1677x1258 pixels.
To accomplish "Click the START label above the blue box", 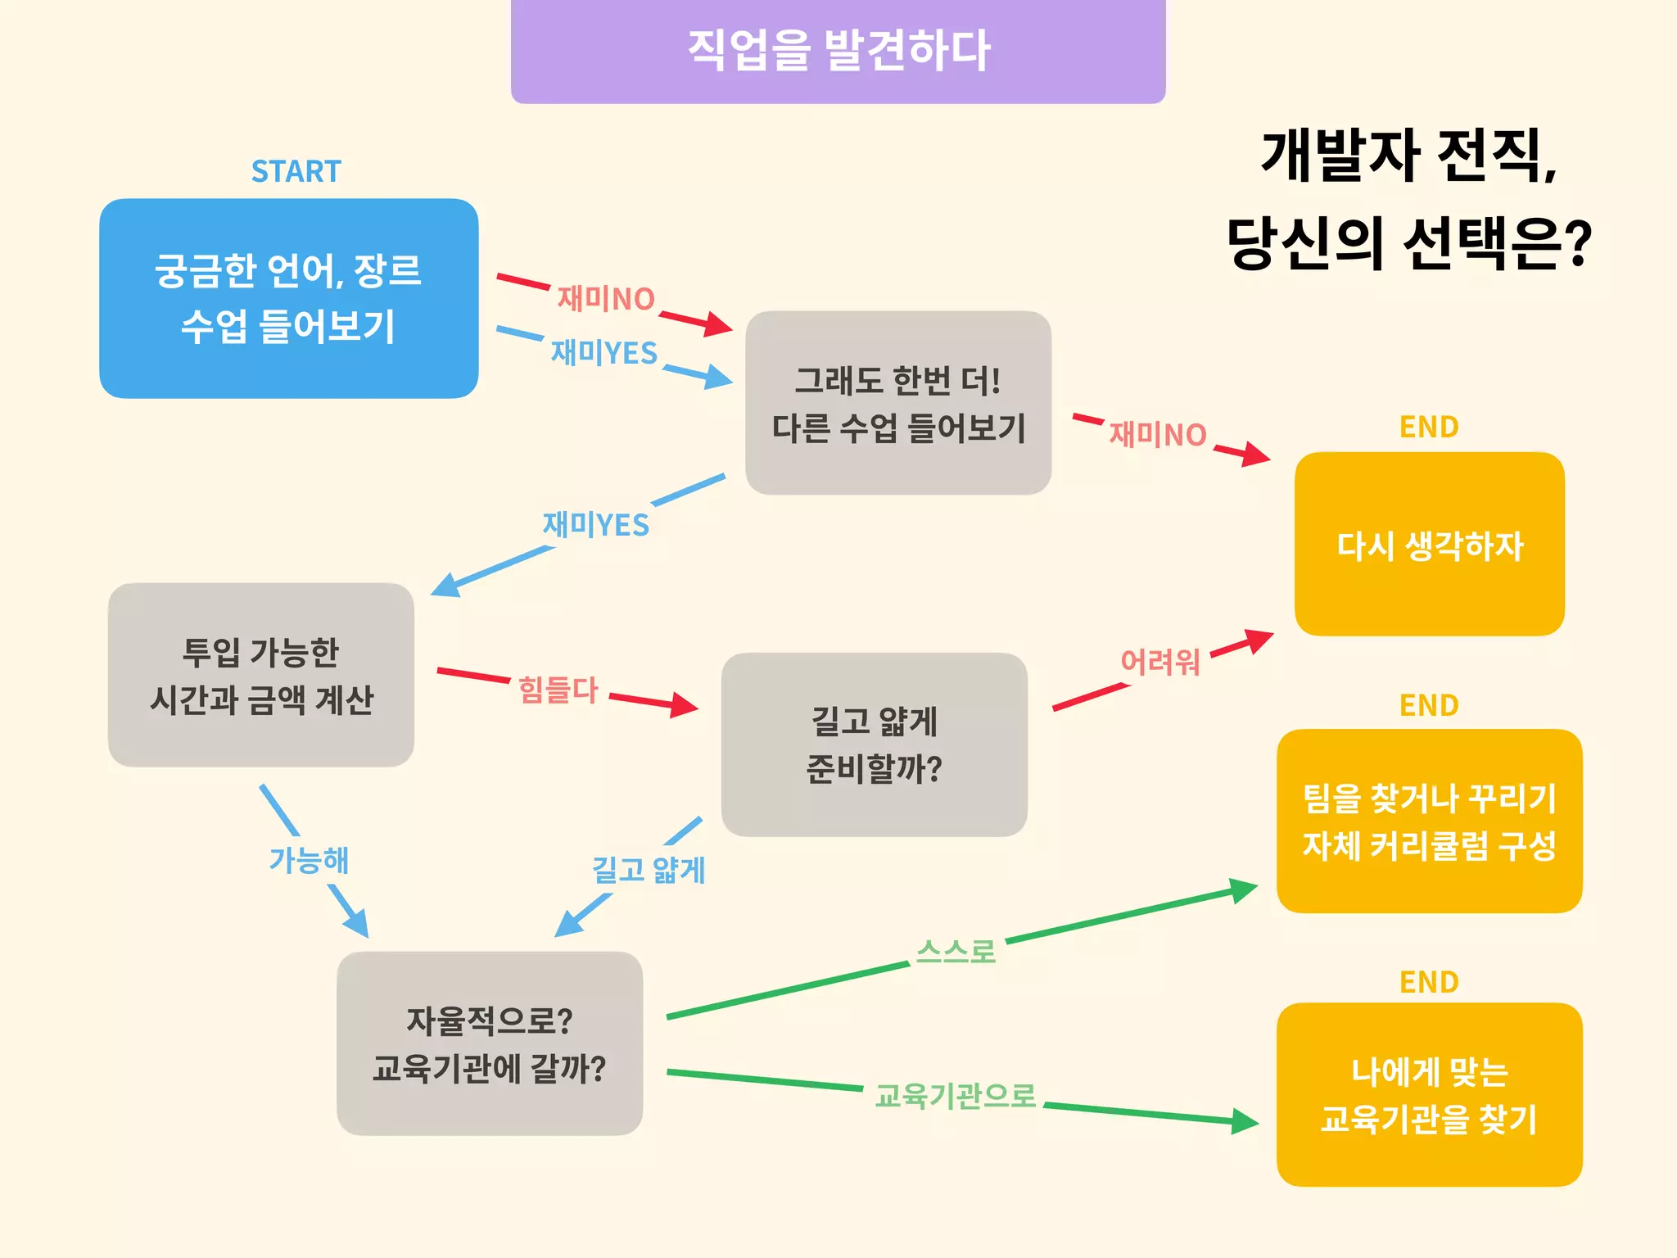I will pos(296,171).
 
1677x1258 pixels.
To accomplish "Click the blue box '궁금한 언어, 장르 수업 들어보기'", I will pos(288,299).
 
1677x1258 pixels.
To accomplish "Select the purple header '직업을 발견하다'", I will pos(838,51).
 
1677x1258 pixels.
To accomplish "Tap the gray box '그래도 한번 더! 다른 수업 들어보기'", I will pos(898,403).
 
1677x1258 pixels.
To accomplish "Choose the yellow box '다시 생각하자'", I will pos(1429,545).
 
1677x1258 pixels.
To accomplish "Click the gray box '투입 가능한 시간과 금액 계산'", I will pos(260,675).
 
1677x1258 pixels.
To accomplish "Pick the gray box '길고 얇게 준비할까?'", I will pos(874,744).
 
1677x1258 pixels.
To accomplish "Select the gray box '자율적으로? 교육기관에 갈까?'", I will pos(490,1043).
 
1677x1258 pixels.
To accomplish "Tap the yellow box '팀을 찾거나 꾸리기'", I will pos(1429,821).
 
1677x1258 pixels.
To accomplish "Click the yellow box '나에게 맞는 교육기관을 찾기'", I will pos(1429,1095).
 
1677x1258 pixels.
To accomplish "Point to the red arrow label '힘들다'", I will pos(558,690).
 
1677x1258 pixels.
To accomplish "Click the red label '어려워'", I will pos(1159,662).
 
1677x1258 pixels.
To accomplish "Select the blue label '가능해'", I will pos(309,860).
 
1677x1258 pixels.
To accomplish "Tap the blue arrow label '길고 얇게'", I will pos(649,870).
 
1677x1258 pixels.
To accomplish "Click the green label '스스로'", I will pos(956,952).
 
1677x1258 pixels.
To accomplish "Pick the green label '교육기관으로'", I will pos(955,1095).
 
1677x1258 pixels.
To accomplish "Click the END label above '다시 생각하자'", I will pos(1429,427).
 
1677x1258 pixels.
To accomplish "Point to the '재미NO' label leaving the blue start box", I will pos(606,299).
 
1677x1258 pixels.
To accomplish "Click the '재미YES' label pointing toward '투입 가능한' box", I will pos(595,524).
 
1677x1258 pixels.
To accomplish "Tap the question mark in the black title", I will pos(1576,243).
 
